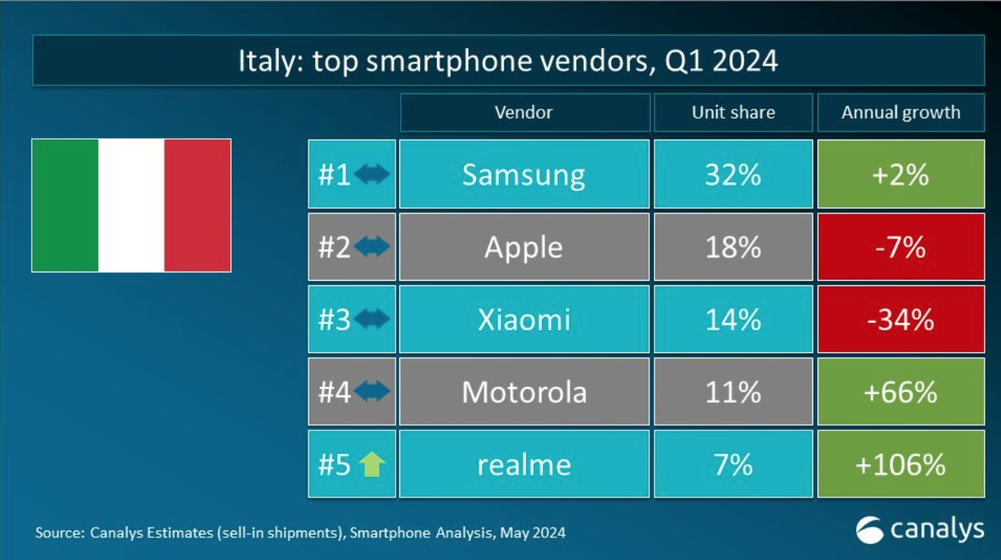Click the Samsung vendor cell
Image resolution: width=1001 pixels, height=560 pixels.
coord(524,174)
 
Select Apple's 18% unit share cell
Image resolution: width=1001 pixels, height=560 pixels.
coord(733,247)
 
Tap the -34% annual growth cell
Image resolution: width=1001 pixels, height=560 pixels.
coord(901,319)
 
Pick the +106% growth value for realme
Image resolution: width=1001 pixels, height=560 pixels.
coord(901,464)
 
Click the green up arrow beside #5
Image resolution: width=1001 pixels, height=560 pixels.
coord(371,464)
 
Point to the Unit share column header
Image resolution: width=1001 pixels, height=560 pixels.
coord(733,112)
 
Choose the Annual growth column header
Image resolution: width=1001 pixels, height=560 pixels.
coord(901,112)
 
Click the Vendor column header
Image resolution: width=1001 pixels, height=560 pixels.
coord(524,112)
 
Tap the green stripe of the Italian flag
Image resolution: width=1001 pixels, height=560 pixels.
coord(65,205)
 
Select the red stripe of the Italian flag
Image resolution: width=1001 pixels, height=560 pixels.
coord(198,205)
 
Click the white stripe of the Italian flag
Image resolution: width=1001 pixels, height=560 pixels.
coord(131,205)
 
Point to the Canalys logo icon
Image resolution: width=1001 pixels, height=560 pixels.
coord(870,530)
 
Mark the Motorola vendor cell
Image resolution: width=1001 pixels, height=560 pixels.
coord(524,392)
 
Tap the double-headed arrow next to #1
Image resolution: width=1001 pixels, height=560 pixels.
coord(371,174)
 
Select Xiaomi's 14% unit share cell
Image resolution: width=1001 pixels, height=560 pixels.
coord(733,319)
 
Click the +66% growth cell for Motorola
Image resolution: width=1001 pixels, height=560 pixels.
coord(901,392)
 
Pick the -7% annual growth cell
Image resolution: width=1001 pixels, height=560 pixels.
coord(901,247)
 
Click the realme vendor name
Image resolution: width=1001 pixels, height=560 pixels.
coord(524,464)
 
